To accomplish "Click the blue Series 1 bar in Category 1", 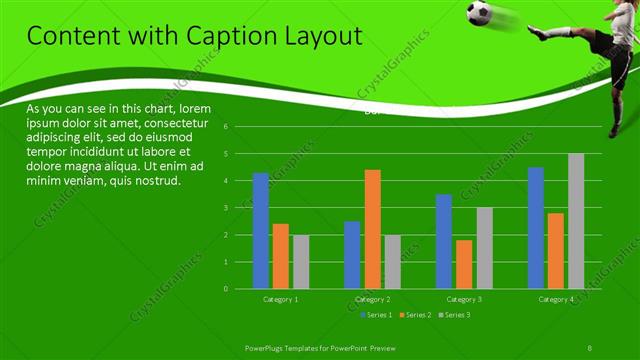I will pos(261,230).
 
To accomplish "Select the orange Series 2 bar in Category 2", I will pos(372,229).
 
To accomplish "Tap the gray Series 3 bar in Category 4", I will pos(576,221).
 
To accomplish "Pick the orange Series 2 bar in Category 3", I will pos(464,264).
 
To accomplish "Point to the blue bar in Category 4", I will pos(536,227).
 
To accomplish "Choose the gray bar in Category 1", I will pos(301,261).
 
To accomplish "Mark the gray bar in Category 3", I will pos(484,248).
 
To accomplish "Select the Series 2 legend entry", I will pos(416,315).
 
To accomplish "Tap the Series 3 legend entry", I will pos(454,315).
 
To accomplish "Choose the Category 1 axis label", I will pos(281,299).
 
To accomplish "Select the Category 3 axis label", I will pos(464,299).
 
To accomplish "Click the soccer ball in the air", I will pos(478,13).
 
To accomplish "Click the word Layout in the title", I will pos(322,38).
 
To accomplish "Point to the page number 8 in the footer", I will pos(590,346).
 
